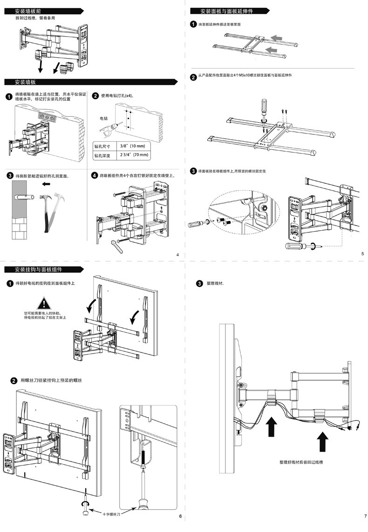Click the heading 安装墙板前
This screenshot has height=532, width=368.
[31, 10]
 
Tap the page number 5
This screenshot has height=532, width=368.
[362, 253]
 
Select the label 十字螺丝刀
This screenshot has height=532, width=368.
[112, 514]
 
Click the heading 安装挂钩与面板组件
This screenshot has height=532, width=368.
[38, 269]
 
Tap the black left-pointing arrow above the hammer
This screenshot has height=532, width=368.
[46, 184]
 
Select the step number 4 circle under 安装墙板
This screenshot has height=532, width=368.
[95, 176]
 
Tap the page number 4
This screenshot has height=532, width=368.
[177, 254]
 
